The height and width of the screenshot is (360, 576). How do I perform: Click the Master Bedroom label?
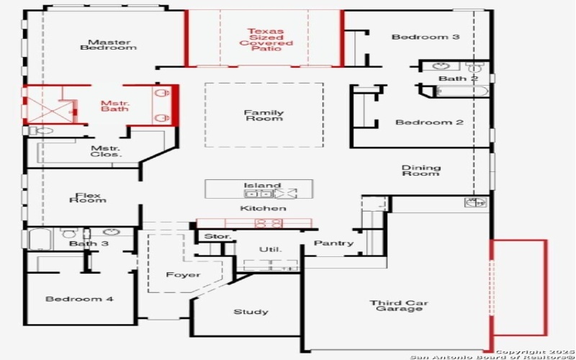click(x=108, y=45)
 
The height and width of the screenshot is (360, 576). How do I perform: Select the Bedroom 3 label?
click(x=426, y=37)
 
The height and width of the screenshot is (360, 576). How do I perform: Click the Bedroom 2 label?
click(x=429, y=122)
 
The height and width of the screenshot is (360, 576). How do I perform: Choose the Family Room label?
click(x=264, y=115)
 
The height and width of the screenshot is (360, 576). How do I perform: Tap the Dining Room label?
click(x=421, y=171)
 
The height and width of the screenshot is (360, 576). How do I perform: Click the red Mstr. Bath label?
click(x=114, y=106)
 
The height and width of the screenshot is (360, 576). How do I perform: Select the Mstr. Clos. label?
click(x=106, y=151)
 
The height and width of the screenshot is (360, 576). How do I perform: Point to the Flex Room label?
click(x=88, y=197)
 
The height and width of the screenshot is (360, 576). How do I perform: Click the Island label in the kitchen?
click(x=262, y=186)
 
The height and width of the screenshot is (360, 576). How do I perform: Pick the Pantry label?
click(x=334, y=243)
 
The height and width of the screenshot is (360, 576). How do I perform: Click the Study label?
click(x=251, y=312)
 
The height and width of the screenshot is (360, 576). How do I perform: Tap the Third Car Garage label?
click(x=396, y=305)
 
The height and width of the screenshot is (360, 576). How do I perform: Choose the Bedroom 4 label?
click(x=79, y=299)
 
